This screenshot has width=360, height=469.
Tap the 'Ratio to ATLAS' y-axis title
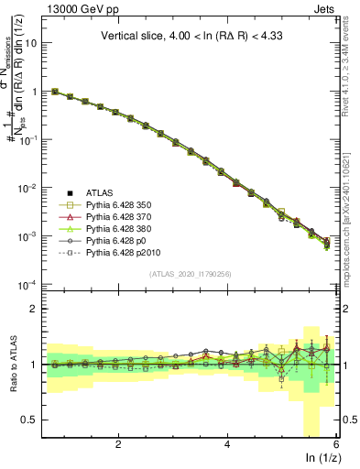[16, 364]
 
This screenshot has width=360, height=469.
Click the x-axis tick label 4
[227, 444]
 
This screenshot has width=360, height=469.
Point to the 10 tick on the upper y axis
[34, 43]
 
